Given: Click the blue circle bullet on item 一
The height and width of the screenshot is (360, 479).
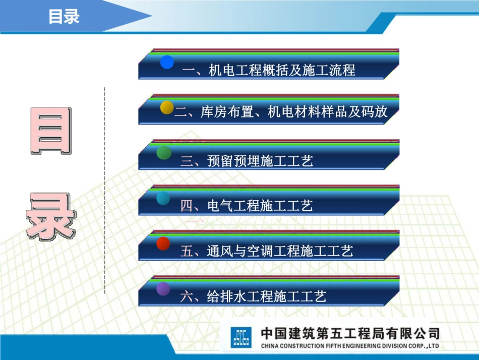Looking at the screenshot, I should tap(167, 62).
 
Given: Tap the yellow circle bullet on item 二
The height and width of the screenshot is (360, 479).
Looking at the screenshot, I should tap(167, 107).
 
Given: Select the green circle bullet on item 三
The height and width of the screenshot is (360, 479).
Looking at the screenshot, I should tap(164, 153).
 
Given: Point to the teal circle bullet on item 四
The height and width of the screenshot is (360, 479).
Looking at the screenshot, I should tap(163, 198).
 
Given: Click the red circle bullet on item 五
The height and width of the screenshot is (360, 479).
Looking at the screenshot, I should tap(163, 244).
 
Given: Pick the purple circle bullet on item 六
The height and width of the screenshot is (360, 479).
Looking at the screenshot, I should tap(163, 289).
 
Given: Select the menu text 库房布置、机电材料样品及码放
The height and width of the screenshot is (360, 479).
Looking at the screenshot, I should tap(281, 112).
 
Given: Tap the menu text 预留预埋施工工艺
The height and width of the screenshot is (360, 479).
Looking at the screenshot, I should tap(247, 161).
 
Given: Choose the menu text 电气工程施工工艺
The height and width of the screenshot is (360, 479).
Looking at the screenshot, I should tap(247, 206).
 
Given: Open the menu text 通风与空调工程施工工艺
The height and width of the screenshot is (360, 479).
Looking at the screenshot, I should tap(267, 251).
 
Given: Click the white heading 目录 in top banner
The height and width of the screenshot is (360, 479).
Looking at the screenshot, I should tap(64, 17).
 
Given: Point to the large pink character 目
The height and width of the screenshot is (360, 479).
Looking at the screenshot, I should tap(51, 131).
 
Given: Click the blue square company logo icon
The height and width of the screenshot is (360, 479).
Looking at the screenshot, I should tap(241, 337).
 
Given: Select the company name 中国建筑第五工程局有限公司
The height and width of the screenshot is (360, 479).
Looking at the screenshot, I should tap(349, 333).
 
